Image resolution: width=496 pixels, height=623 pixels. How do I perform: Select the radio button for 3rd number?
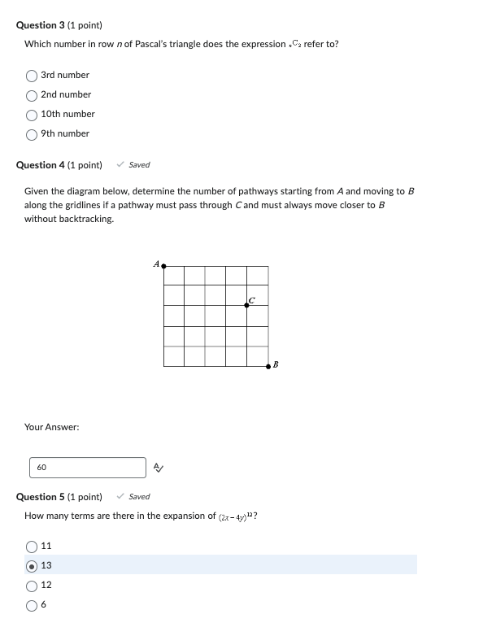pyautogui.click(x=32, y=76)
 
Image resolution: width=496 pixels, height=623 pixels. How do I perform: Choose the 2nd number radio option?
pyautogui.click(x=32, y=95)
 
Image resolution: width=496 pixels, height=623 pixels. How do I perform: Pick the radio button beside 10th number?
pyautogui.click(x=32, y=115)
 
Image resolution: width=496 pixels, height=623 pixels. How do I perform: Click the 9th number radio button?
pyautogui.click(x=32, y=134)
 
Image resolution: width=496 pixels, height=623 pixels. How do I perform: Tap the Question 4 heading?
pyautogui.click(x=59, y=165)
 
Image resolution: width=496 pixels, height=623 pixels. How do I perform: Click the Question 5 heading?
pyautogui.click(x=59, y=497)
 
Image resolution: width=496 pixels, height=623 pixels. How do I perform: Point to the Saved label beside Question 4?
pyautogui.click(x=139, y=165)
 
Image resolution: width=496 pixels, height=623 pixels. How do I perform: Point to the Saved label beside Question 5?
pyautogui.click(x=139, y=497)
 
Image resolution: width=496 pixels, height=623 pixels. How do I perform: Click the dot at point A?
pyautogui.click(x=163, y=265)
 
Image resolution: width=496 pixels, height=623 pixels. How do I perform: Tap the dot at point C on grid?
pyautogui.click(x=247, y=306)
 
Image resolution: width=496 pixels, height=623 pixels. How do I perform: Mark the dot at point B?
pyautogui.click(x=268, y=367)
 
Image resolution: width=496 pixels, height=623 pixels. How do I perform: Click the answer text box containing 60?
pyautogui.click(x=88, y=468)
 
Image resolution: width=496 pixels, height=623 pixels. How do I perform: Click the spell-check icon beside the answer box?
pyautogui.click(x=159, y=468)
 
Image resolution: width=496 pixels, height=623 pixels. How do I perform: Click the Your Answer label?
pyautogui.click(x=52, y=427)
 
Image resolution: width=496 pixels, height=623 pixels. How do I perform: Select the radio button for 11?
pyautogui.click(x=32, y=547)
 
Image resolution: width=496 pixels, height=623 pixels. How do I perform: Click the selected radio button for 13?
pyautogui.click(x=32, y=566)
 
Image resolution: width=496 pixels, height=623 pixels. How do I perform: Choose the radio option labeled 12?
pyautogui.click(x=32, y=586)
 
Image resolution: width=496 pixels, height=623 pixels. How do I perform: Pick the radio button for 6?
pyautogui.click(x=32, y=605)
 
